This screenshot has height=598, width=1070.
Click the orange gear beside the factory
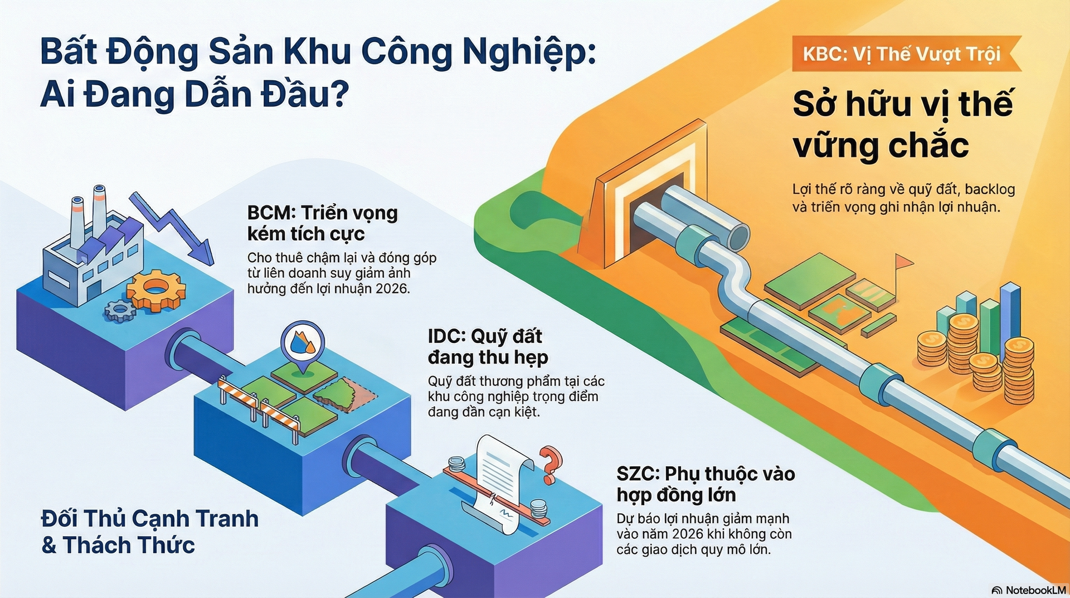click(155, 290)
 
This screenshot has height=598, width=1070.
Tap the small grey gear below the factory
click(120, 310)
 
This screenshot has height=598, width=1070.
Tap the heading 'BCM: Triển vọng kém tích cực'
click(323, 223)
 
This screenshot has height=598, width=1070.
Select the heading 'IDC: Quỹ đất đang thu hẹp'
click(488, 347)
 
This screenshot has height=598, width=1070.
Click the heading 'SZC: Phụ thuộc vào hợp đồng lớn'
click(706, 484)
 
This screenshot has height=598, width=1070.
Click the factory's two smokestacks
click(88, 215)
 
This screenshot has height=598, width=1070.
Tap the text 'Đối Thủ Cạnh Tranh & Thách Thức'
click(150, 532)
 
